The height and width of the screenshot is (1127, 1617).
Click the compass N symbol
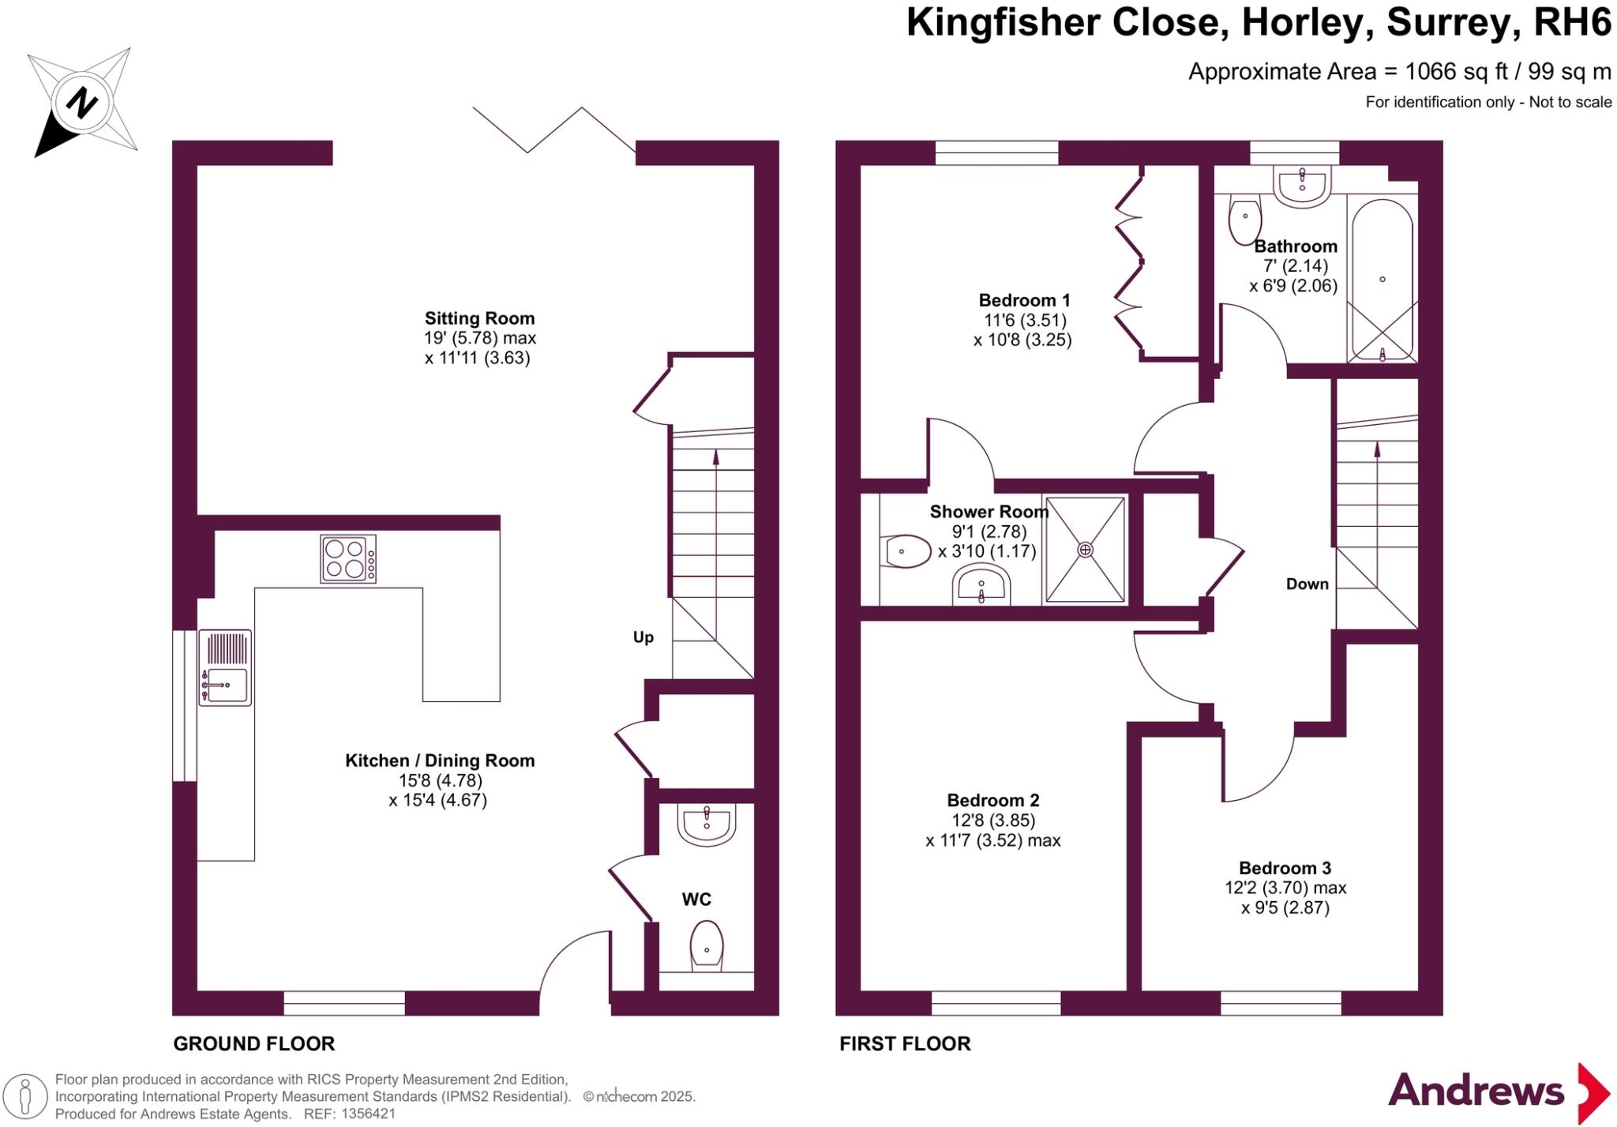pos(81,102)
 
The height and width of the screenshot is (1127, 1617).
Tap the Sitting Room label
pos(479,318)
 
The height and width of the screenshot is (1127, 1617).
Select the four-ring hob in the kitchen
pos(347,558)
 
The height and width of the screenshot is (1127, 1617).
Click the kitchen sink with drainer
pos(225,667)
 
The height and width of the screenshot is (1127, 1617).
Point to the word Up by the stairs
pos(643,637)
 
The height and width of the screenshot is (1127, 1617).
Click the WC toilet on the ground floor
pos(706,945)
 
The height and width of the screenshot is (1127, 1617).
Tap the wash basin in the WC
pos(706,825)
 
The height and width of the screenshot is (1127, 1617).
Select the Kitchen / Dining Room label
pos(440,761)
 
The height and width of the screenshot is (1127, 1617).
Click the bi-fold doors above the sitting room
pos(555,130)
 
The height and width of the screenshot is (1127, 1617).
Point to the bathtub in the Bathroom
pos(1382,280)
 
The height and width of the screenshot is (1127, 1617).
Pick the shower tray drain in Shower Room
pos(1085,550)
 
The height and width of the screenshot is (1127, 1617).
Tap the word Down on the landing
pos(1307,584)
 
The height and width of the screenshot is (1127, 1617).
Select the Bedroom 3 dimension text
pos(1285,898)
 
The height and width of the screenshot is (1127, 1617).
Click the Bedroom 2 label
pos(992,800)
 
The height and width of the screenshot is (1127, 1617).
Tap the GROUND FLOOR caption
pos(253,1044)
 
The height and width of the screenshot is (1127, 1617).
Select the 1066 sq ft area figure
pos(1442,72)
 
